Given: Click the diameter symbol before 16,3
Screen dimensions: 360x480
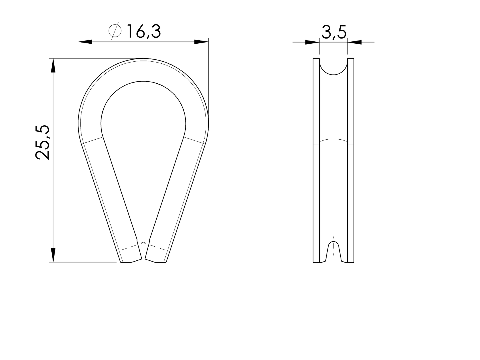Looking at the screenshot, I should tap(115, 31).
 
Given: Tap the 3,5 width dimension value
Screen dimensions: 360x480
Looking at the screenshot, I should tap(334, 32).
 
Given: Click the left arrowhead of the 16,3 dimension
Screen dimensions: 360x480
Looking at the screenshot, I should tap(85, 42).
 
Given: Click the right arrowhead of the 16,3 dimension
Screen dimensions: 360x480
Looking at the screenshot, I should tap(201, 42).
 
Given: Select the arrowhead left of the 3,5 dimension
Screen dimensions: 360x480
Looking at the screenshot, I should tap(312, 42).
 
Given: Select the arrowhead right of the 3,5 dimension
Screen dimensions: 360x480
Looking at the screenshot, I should tap(355, 42).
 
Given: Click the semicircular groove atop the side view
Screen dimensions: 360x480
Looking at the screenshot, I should tap(333, 67).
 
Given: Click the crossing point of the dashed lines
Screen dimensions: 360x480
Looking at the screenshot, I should tap(143, 243).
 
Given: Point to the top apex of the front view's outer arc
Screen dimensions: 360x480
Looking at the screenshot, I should tap(143, 59).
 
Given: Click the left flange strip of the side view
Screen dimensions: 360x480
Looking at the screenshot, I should tap(316, 160).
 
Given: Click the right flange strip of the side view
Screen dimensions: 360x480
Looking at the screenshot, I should tap(351, 160).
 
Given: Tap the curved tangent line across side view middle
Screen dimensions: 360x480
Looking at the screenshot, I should tap(333, 140).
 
